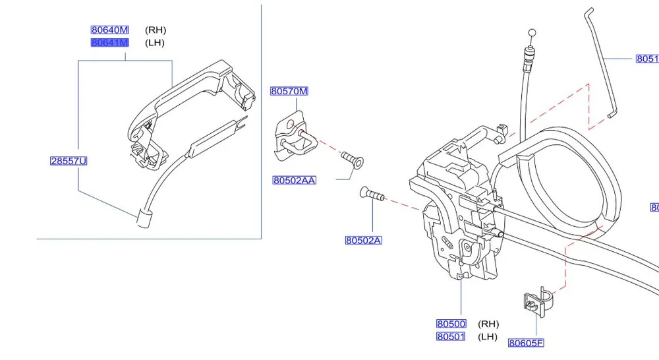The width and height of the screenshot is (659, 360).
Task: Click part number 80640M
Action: [x=109, y=30]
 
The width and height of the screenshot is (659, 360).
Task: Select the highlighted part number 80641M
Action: [x=109, y=43]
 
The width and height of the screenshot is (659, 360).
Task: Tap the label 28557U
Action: [x=69, y=161]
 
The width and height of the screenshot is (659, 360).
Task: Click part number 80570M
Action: [x=289, y=91]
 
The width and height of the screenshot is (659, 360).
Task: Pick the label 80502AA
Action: [x=294, y=180]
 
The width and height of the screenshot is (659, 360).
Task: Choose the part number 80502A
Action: [x=363, y=240]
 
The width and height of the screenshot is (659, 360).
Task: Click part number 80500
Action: [x=451, y=324]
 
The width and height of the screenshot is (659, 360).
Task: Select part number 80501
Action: [x=451, y=337]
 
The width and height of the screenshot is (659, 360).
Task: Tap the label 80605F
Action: [x=526, y=342]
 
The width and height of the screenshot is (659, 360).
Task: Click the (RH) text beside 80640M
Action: [x=156, y=30]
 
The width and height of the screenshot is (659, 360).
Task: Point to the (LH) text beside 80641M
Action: [x=155, y=43]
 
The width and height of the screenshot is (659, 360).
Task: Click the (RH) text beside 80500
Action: [x=488, y=324]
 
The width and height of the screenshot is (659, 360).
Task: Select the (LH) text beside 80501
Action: [x=488, y=337]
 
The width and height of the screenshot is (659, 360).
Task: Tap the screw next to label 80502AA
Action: [x=353, y=159]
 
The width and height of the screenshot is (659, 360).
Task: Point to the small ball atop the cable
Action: [x=531, y=32]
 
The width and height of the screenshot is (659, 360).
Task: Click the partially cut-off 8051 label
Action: [x=646, y=59]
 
